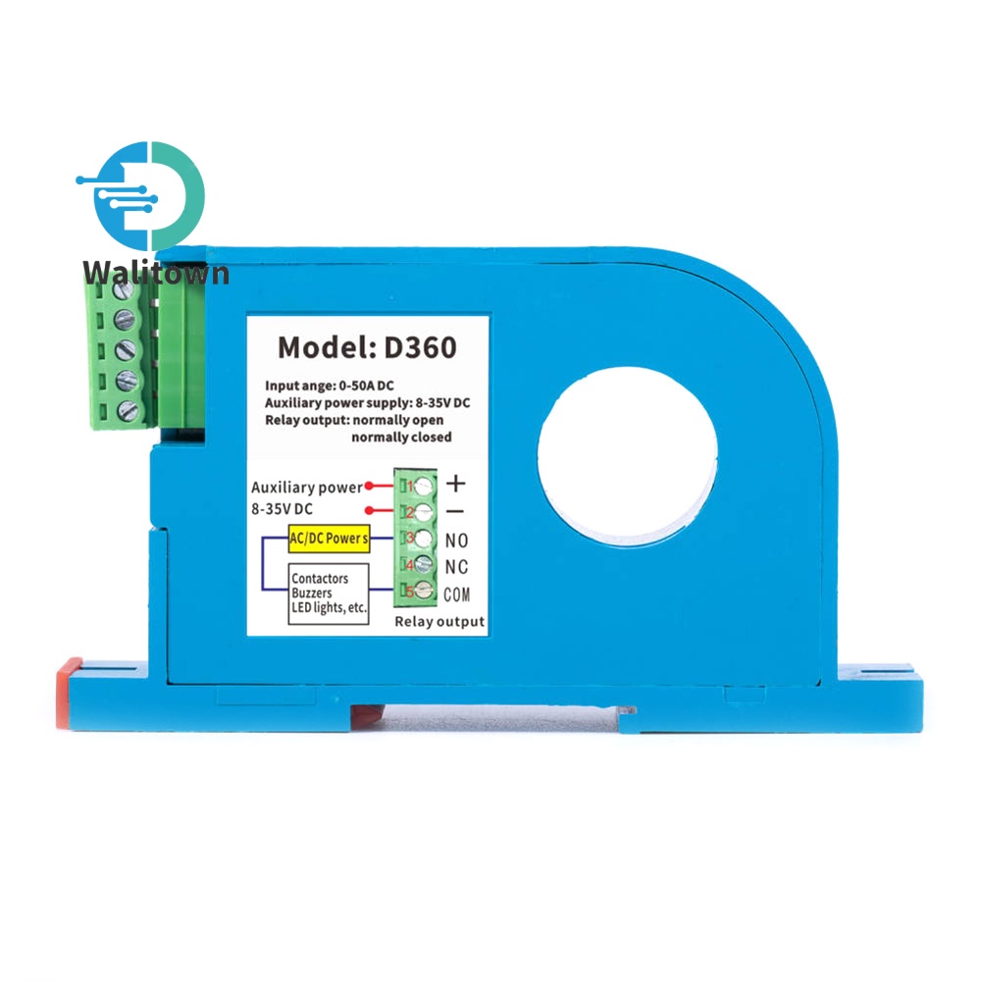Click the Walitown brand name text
[156, 274]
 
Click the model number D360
[420, 347]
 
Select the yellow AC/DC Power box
[329, 538]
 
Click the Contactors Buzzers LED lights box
[329, 594]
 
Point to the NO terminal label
[456, 540]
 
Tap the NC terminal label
[456, 567]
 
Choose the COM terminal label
[457, 594]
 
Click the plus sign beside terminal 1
[455, 484]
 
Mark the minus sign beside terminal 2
[455, 512]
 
